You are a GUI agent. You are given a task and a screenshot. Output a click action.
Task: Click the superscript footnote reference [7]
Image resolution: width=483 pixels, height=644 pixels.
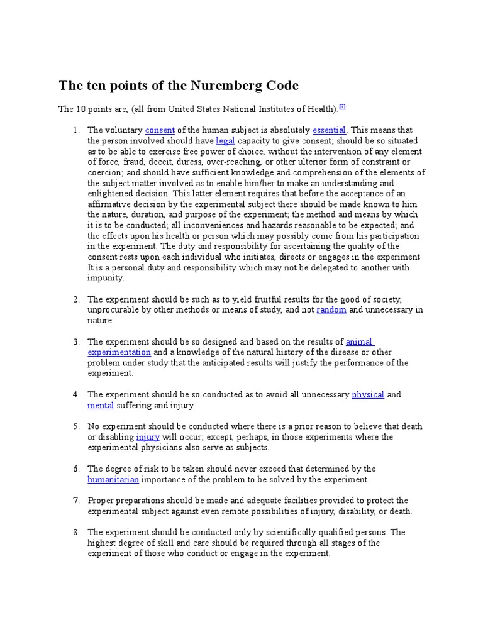[342, 106]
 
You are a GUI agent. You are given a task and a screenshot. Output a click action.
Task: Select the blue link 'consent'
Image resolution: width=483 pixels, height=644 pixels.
[160, 130]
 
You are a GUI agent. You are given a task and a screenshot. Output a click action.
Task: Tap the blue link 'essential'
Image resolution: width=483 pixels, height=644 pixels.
[329, 130]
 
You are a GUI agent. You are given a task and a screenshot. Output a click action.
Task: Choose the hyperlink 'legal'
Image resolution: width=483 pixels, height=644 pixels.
[225, 141]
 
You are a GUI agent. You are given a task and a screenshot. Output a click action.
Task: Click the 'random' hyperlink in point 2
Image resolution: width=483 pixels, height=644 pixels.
[331, 310]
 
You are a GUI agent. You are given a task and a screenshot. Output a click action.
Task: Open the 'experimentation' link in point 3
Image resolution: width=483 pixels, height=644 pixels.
[119, 352]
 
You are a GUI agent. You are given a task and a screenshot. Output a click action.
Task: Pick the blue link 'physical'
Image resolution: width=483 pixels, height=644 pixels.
[368, 395]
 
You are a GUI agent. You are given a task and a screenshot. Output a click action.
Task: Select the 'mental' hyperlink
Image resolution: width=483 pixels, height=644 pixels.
[101, 406]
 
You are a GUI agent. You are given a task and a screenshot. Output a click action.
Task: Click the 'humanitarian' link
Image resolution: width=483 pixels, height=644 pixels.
[113, 479]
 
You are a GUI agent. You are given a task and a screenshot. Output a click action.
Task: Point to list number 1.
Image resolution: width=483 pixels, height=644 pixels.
[75, 130]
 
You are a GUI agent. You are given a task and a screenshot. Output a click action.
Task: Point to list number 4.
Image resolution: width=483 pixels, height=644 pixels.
[75, 395]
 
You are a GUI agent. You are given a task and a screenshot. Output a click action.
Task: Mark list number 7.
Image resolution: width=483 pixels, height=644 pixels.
[75, 501]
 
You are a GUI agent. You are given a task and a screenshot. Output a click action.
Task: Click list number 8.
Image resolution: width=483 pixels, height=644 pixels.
[75, 532]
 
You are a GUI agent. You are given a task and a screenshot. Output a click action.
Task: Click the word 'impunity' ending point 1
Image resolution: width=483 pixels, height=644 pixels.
[106, 278]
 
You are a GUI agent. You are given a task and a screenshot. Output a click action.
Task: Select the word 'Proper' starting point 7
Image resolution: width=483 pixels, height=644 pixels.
[101, 501]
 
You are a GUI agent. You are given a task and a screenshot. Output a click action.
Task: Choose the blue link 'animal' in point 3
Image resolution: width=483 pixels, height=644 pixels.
[360, 342]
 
